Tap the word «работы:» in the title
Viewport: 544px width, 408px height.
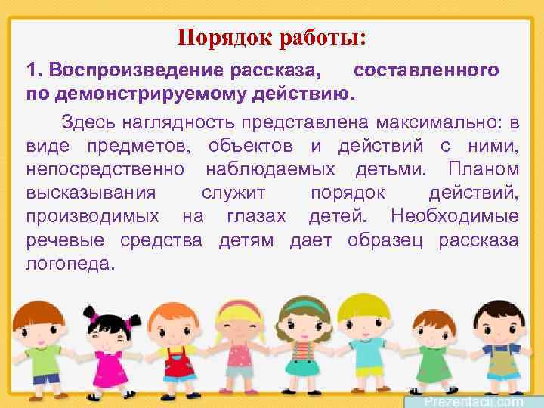point(325,36)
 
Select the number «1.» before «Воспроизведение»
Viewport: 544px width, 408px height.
point(35,70)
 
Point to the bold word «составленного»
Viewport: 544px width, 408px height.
point(426,70)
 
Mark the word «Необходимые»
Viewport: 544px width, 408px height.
point(455,216)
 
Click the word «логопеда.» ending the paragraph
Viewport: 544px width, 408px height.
point(72,264)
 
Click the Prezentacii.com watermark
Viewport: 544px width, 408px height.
point(473,401)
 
